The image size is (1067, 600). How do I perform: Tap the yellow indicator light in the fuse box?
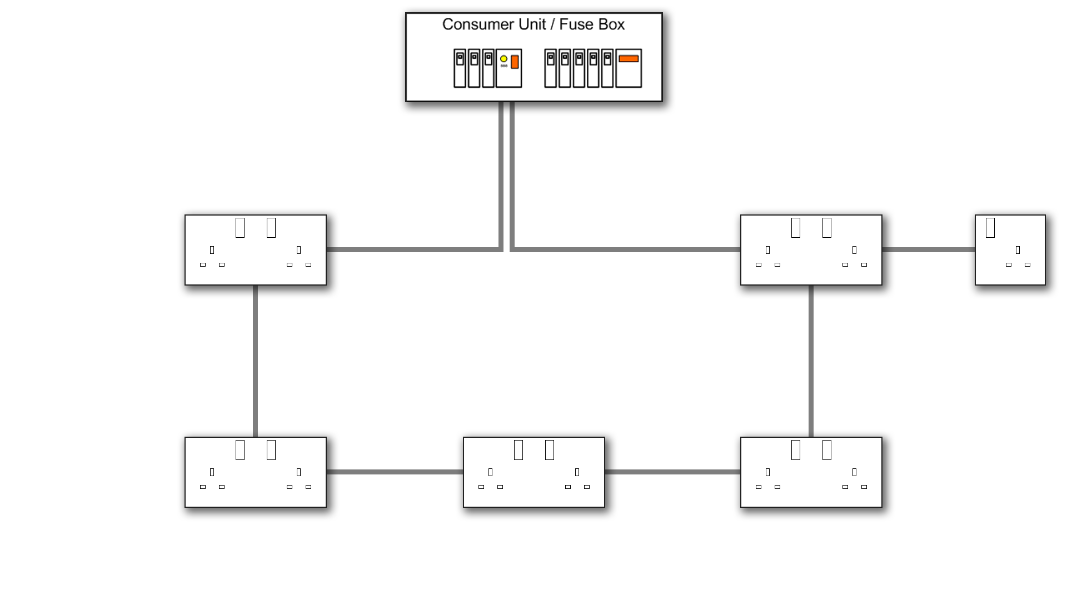(503, 59)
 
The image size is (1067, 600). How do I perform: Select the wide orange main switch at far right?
(629, 59)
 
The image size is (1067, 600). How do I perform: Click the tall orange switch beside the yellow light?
(515, 62)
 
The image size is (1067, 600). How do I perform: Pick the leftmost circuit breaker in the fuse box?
(460, 68)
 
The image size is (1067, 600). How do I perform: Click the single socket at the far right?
(1010, 250)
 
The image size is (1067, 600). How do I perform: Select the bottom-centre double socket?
(533, 472)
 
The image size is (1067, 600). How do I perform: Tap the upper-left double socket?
(256, 250)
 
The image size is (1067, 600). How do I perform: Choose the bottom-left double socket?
(256, 472)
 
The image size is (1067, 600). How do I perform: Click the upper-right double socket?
(811, 250)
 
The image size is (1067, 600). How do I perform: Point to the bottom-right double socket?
(811, 472)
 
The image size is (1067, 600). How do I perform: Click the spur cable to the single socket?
(928, 250)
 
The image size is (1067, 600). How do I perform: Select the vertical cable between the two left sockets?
(255, 361)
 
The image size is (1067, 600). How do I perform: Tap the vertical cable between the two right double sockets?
(811, 361)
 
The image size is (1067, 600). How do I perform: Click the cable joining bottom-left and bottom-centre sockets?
(395, 472)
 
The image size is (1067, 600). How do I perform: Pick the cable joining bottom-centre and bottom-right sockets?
(672, 472)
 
